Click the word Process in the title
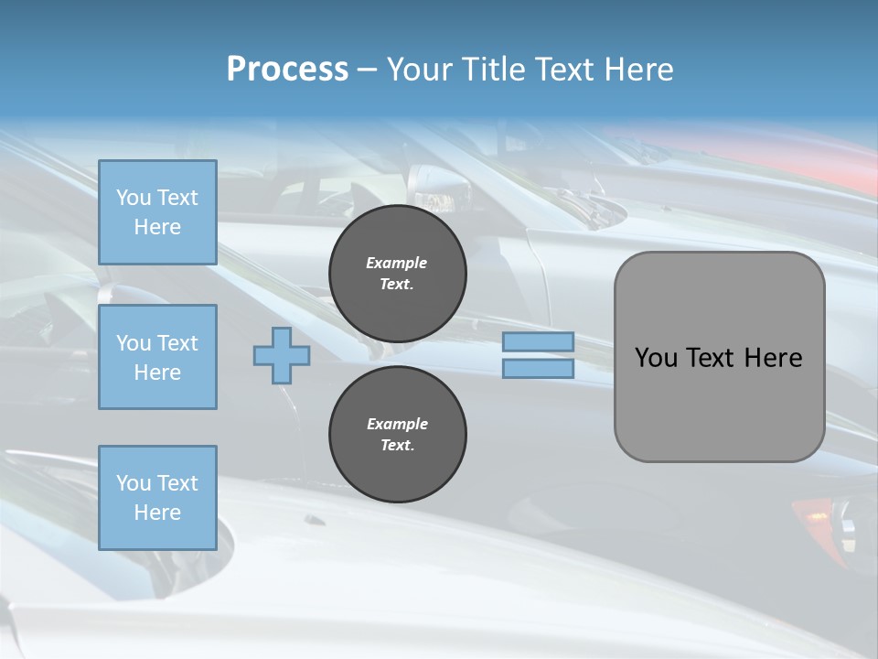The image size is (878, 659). click(287, 70)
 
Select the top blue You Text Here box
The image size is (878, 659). click(157, 212)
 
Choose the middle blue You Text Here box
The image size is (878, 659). click(157, 357)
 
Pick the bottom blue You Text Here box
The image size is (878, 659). click(157, 498)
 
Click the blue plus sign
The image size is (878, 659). click(282, 356)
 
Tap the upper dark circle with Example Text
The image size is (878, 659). click(398, 275)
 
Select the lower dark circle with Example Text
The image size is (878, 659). click(398, 435)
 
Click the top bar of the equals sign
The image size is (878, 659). click(538, 342)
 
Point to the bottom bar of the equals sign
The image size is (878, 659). click(538, 369)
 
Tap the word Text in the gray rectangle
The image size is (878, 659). click(707, 358)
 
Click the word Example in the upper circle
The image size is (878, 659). click(397, 263)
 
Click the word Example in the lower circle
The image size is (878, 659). click(397, 424)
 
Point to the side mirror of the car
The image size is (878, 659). click(439, 188)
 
